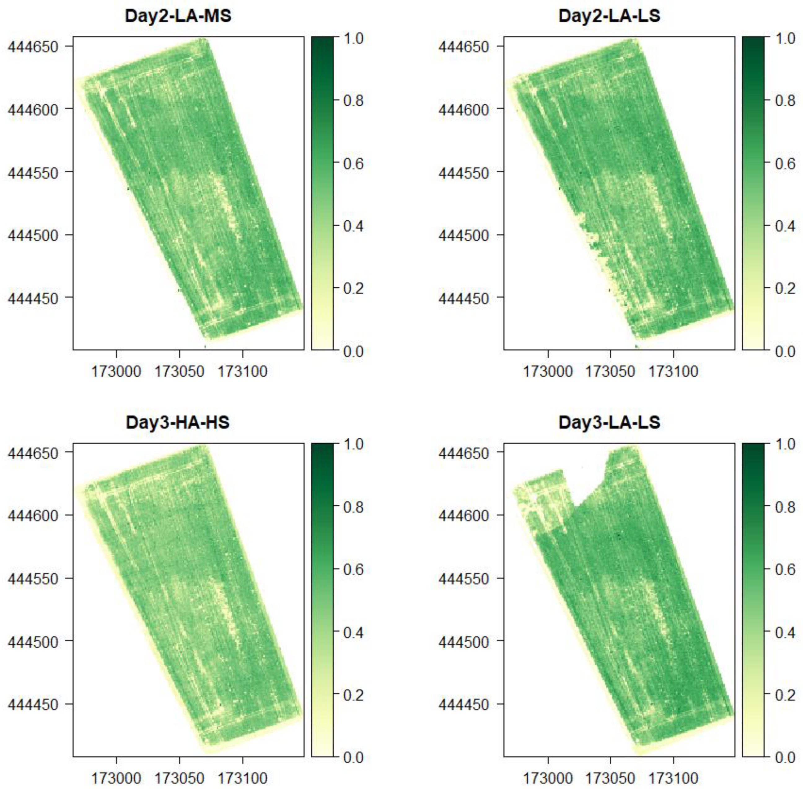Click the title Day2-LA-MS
coord(178,16)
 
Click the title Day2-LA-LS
coord(609,16)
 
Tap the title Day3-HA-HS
coord(178,423)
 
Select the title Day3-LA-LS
coord(609,423)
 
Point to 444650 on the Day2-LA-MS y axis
coord(33,47)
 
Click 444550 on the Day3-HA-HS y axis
coord(33,579)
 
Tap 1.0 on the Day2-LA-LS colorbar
coord(785,38)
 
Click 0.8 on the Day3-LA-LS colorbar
coord(785,507)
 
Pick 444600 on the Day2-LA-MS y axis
coord(33,110)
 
